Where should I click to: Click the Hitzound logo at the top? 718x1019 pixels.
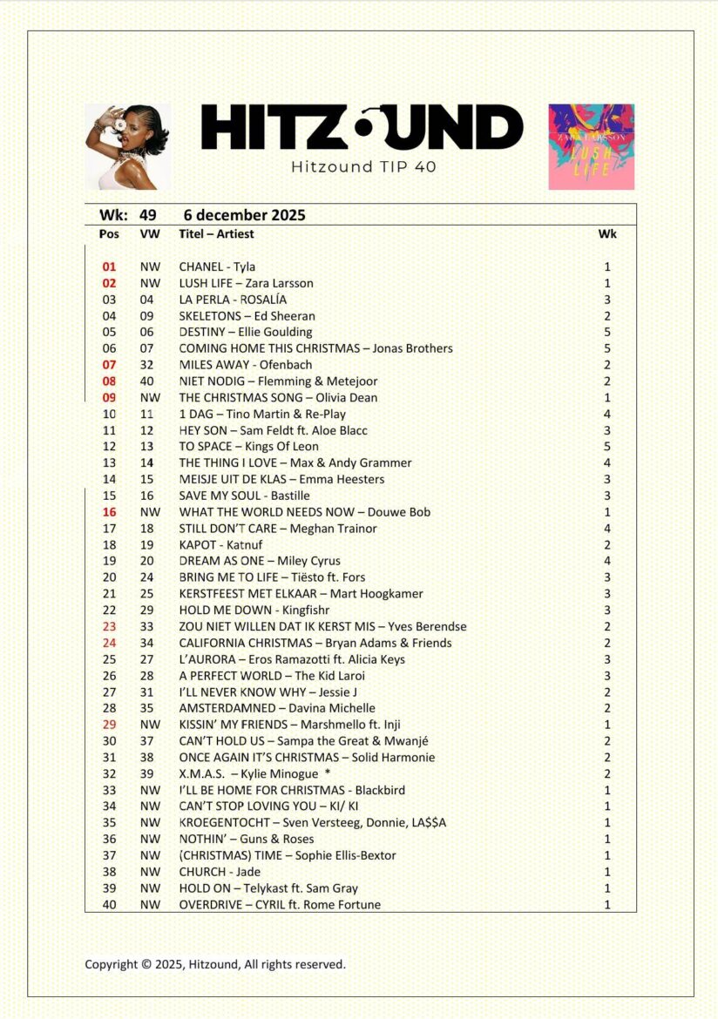point(362,127)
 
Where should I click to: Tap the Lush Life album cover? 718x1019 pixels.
point(591,146)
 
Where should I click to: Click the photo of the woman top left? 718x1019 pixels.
point(127,146)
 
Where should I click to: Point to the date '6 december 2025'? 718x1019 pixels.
point(245,215)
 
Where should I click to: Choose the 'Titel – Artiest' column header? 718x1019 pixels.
point(216,233)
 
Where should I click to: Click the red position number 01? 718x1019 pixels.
point(109,267)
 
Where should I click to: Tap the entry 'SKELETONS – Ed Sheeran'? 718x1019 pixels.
point(247,316)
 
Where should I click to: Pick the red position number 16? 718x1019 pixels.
point(109,512)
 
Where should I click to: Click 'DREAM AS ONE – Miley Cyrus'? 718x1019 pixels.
point(260,561)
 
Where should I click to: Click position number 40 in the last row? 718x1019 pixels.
point(109,905)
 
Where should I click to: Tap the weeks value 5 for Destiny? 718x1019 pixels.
point(607,332)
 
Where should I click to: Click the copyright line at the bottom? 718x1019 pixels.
point(215,964)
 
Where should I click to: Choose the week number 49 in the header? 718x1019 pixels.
point(148,215)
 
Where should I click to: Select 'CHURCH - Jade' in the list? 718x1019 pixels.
point(220,872)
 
